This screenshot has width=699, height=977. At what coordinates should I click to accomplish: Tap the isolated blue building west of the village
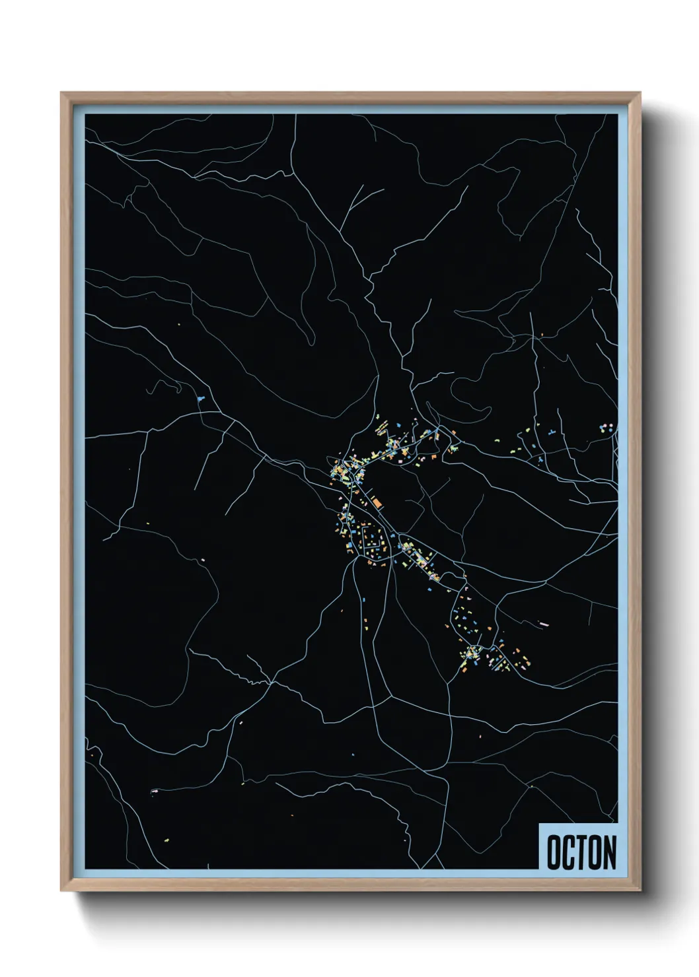(200, 398)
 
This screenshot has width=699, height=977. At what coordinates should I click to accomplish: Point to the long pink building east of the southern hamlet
(545, 622)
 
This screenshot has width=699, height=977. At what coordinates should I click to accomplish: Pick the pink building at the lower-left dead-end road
(154, 791)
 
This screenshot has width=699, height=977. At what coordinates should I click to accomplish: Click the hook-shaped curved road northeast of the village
(456, 396)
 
